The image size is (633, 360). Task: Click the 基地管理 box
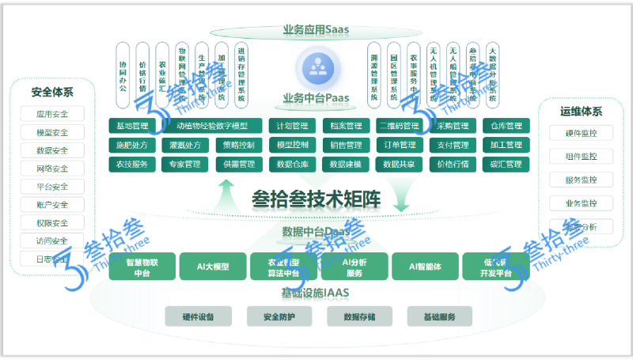pos(131,126)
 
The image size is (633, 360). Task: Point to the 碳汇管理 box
pos(506,165)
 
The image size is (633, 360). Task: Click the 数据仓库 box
pos(292,165)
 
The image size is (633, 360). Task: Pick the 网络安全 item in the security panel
pos(52,169)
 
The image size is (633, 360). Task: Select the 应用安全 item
pos(52,114)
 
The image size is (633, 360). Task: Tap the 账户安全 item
pos(52,205)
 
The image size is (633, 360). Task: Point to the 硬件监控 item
pos(582,134)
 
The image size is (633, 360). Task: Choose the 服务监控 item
pos(582,180)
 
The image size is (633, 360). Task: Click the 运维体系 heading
pos(582,112)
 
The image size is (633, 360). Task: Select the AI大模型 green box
pos(213,267)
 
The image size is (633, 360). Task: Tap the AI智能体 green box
pos(425,267)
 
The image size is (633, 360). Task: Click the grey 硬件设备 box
pos(199,317)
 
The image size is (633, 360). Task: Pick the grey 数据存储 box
pos(360,317)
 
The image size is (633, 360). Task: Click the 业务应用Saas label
pos(316,31)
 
